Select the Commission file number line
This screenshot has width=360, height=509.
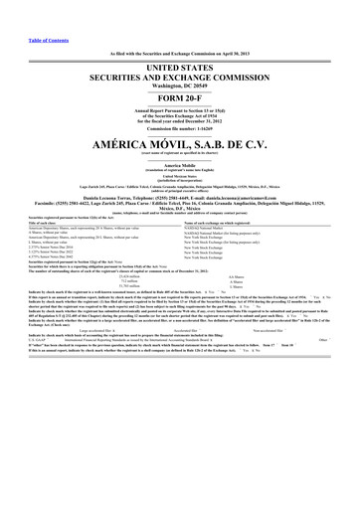coord(180,130)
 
